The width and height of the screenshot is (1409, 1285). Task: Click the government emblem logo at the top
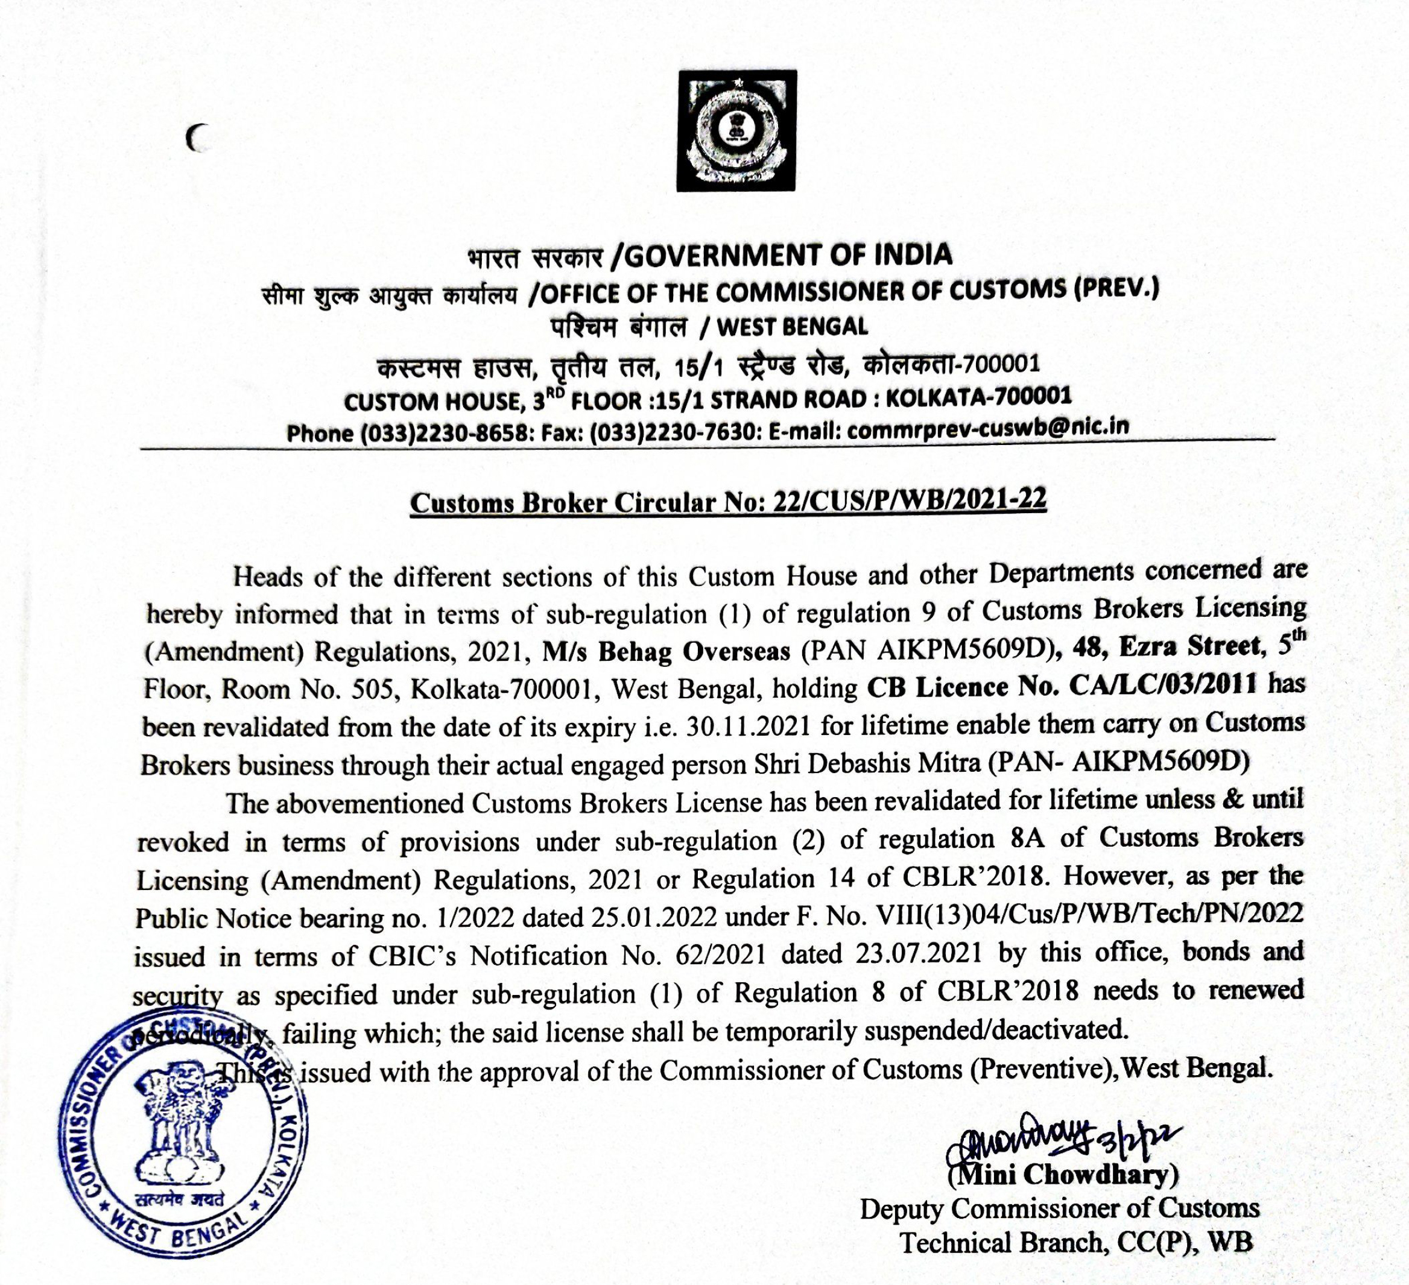click(x=736, y=131)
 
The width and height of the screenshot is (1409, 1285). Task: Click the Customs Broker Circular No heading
click(x=727, y=502)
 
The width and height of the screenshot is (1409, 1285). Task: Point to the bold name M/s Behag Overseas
click(x=666, y=651)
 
